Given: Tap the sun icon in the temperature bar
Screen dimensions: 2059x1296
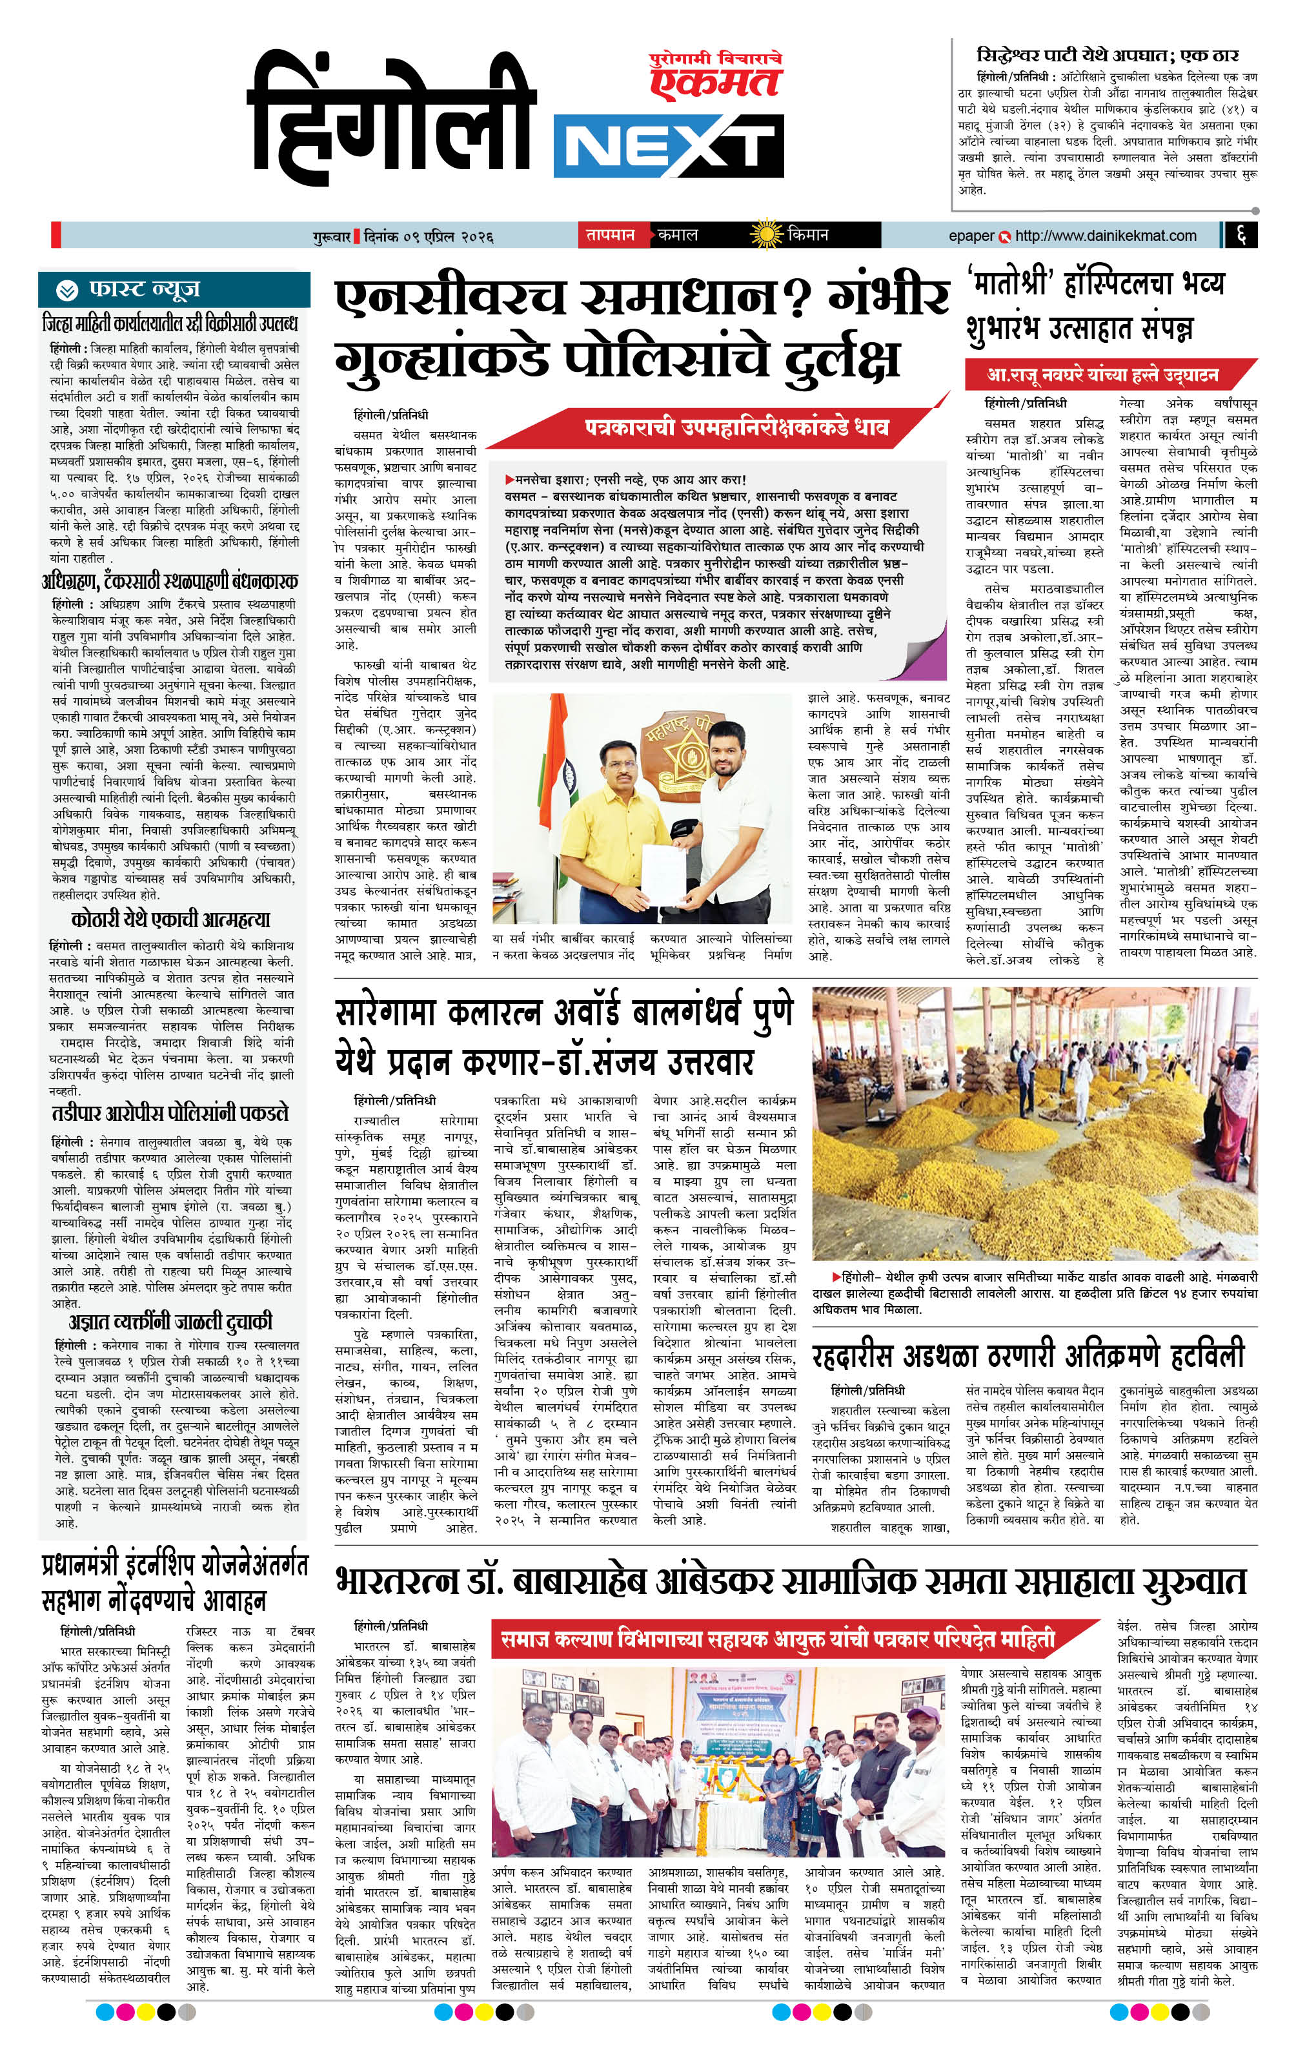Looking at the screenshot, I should click(765, 234).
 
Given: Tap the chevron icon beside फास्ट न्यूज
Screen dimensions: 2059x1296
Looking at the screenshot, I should click(66, 290).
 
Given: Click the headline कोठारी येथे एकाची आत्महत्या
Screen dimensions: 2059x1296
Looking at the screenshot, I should click(171, 920).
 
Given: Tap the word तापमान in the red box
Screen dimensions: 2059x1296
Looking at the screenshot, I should click(609, 234).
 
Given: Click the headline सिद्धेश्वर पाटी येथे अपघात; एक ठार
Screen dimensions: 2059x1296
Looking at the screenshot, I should click(1107, 56).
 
